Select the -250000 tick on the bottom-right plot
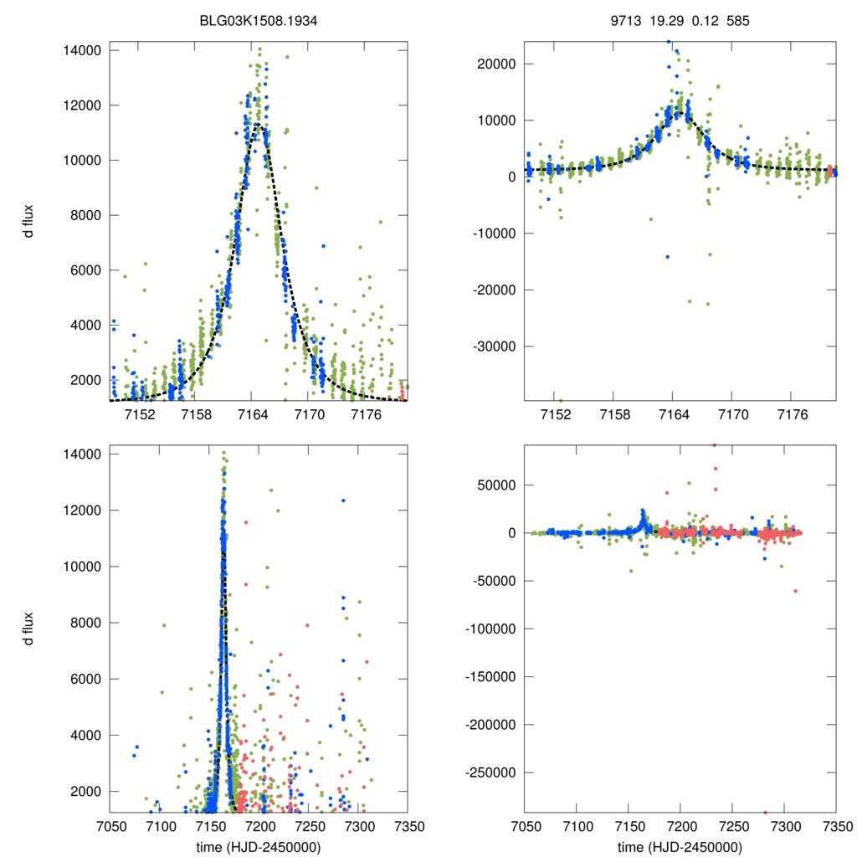(x=494, y=772)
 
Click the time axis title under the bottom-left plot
(x=259, y=846)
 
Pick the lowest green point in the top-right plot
(x=560, y=400)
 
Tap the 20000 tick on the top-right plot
(x=500, y=64)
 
